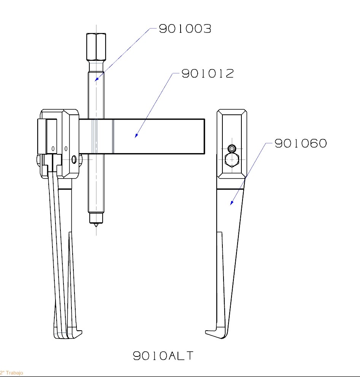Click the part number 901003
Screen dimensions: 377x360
point(185,29)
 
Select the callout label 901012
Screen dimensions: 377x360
point(207,73)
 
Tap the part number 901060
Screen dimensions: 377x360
point(301,143)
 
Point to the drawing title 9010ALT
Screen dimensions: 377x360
point(163,356)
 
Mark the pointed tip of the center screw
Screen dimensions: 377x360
point(96,227)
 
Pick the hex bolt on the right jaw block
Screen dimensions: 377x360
point(232,160)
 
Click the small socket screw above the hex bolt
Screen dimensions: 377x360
point(232,148)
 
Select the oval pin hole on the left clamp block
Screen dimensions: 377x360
point(74,160)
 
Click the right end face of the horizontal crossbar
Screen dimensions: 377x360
point(204,136)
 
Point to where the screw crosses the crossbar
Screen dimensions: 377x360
point(96,136)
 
